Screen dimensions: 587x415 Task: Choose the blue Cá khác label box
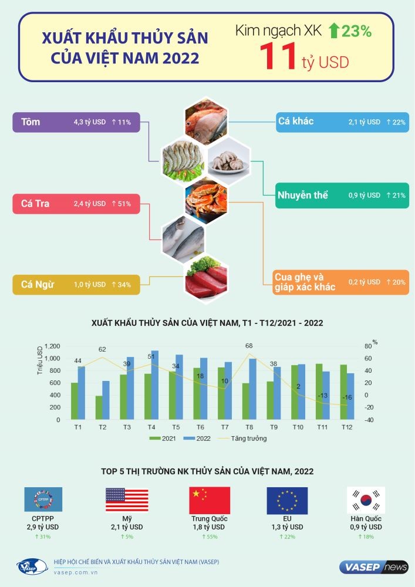pyautogui.click(x=342, y=122)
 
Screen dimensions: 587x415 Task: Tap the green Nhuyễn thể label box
pyautogui.click(x=342, y=195)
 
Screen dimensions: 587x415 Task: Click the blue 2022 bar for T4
pyautogui.click(x=155, y=385)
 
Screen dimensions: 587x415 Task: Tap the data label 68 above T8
pyautogui.click(x=249, y=346)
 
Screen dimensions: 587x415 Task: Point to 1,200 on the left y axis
pyautogui.click(x=52, y=346)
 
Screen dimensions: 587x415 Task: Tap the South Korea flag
pyautogui.click(x=366, y=500)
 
